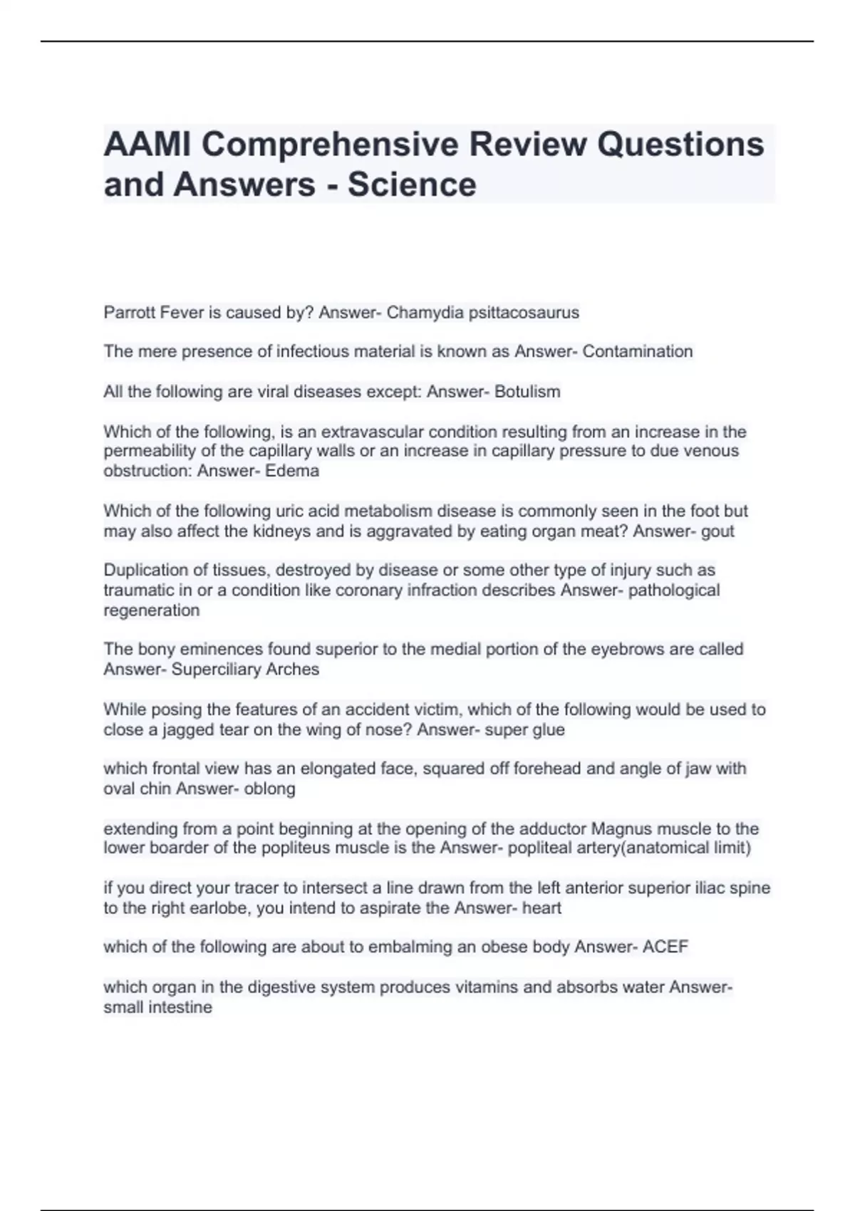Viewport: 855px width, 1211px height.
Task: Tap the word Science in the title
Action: tap(412, 184)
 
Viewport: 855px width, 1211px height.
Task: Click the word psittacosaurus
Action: tap(524, 313)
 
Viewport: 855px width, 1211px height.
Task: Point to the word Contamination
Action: tap(638, 351)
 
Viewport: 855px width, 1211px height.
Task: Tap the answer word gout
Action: tap(717, 531)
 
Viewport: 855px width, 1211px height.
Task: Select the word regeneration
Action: tap(152, 610)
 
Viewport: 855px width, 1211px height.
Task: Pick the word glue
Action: tap(548, 730)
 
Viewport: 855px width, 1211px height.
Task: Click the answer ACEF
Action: tap(665, 947)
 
